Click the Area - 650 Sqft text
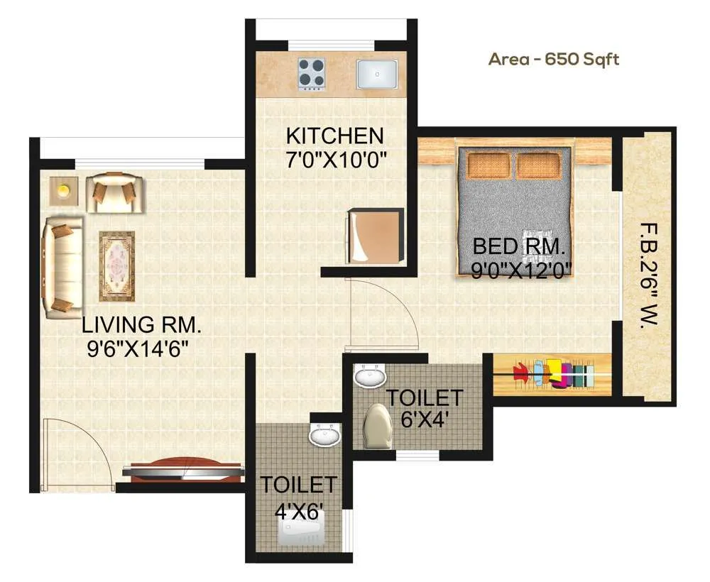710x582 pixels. click(x=553, y=59)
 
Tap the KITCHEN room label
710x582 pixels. click(x=334, y=135)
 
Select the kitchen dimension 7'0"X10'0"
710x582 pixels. click(x=334, y=158)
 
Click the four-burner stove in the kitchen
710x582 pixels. click(x=312, y=73)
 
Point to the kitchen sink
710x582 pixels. click(x=376, y=74)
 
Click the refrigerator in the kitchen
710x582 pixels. click(x=375, y=236)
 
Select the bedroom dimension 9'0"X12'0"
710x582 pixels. click(x=522, y=270)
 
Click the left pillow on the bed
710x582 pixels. click(x=488, y=165)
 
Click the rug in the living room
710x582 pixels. click(x=116, y=265)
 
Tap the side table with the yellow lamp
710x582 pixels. click(x=63, y=191)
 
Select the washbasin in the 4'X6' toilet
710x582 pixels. click(x=326, y=434)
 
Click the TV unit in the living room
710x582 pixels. click(x=183, y=470)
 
